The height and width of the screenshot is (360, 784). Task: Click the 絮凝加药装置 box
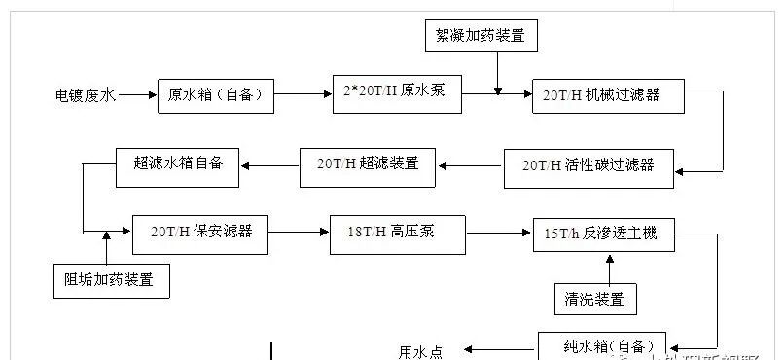pyautogui.click(x=481, y=35)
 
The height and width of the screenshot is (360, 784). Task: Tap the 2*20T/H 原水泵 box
pyautogui.click(x=396, y=93)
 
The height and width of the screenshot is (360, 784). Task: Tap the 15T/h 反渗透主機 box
pyautogui.click(x=604, y=234)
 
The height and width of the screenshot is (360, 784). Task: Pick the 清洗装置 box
pyautogui.click(x=595, y=298)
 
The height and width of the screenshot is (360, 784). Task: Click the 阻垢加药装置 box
pyautogui.click(x=116, y=281)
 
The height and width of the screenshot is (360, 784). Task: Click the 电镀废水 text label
pyautogui.click(x=86, y=95)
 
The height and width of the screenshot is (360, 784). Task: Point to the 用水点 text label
pyautogui.click(x=421, y=349)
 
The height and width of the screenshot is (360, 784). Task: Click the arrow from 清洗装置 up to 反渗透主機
pyautogui.click(x=610, y=269)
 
